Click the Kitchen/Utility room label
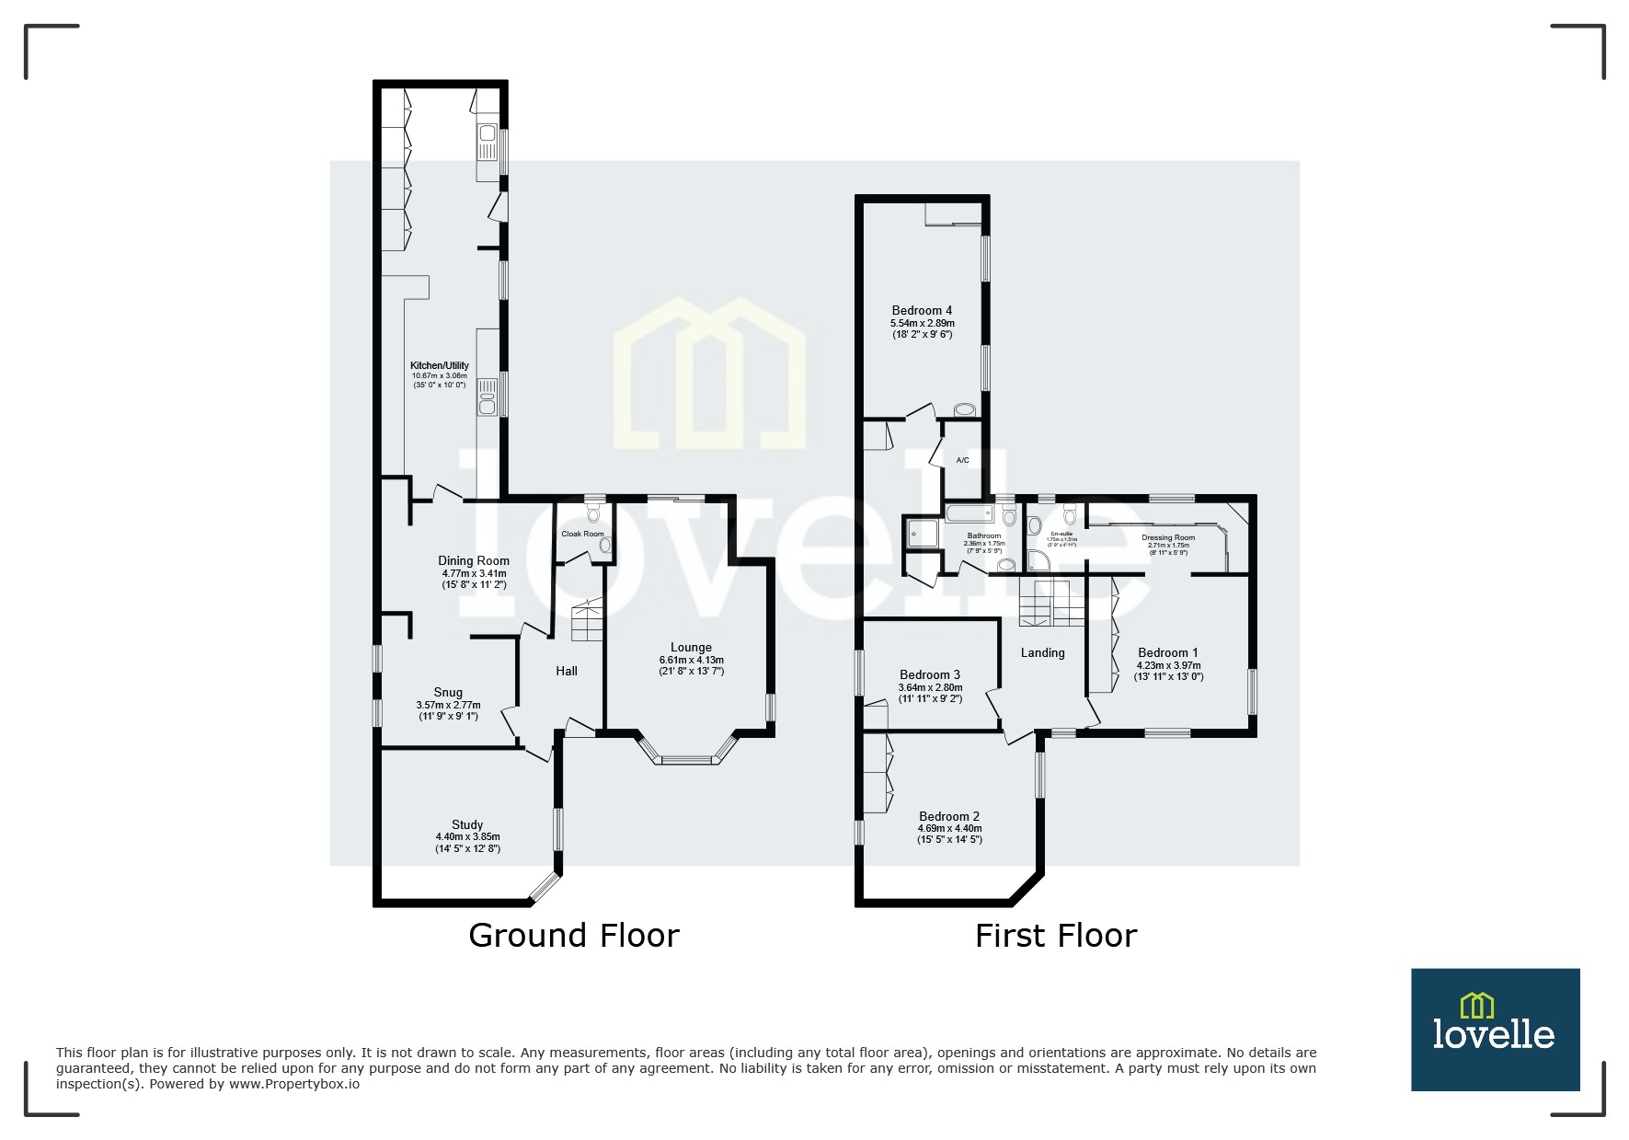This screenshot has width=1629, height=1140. [439, 365]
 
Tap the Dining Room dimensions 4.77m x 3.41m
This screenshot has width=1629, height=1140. [474, 573]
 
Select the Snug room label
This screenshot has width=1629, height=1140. [448, 692]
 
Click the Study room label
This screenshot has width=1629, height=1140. [467, 824]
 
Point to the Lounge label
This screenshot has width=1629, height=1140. [691, 647]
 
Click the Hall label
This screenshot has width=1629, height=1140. [567, 671]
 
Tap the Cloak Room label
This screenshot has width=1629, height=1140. [582, 534]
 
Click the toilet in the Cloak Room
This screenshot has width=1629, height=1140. [593, 512]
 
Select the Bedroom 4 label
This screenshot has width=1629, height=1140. [922, 310]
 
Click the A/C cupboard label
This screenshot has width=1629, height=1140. [962, 460]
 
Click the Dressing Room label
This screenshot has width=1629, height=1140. [1167, 537]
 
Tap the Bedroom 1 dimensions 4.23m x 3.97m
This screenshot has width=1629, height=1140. [1168, 665]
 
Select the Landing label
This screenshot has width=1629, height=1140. [1042, 652]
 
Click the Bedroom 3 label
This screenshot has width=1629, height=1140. [930, 674]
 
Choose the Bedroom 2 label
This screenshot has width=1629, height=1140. [949, 816]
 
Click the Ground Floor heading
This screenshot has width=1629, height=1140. [573, 935]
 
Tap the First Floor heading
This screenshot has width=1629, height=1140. [1055, 936]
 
